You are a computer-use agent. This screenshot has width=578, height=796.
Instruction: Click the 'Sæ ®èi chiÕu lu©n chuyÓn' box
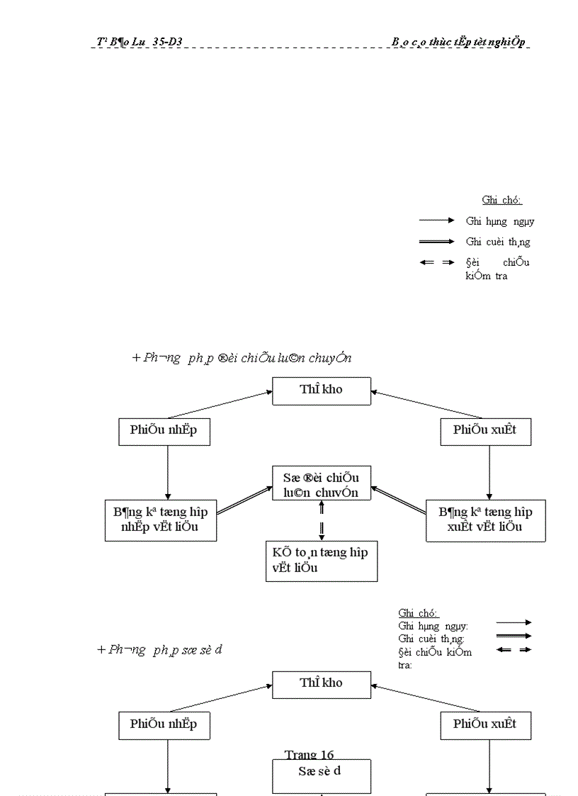pos(321,484)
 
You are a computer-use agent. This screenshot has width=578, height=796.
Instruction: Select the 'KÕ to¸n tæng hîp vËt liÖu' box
pos(321,560)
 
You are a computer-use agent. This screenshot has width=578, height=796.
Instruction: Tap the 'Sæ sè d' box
pos(321,775)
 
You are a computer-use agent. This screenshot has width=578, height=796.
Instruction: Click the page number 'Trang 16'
pos(309,754)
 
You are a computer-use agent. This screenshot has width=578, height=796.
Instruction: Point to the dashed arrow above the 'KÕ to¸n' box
pos(322,520)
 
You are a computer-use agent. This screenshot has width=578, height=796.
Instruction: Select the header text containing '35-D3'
pos(140,42)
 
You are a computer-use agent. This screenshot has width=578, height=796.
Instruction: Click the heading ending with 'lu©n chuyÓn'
pos(242,358)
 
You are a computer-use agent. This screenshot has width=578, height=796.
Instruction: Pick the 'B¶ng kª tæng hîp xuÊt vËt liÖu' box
pos(485,520)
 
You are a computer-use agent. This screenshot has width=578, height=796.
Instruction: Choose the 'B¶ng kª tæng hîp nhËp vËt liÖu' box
pos(160,520)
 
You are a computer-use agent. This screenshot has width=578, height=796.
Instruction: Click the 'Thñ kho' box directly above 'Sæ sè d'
pos(321,683)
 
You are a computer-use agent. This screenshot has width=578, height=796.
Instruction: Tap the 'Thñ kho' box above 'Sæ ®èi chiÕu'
pos(321,391)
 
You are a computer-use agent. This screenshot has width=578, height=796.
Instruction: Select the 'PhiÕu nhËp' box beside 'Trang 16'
pos(164,724)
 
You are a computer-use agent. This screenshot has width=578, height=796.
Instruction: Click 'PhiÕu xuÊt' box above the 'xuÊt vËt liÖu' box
pos(485,431)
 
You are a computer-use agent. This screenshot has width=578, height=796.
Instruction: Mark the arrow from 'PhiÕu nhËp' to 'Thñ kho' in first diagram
pos(220,404)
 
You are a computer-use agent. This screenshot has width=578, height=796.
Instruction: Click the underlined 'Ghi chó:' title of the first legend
pos(501,201)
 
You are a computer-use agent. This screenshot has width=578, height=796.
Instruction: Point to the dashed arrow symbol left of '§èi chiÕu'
pos(436,262)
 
